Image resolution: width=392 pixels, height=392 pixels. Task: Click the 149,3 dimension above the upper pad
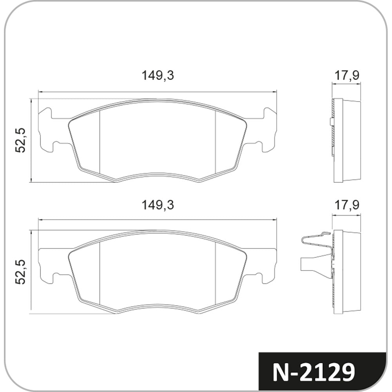(158, 75)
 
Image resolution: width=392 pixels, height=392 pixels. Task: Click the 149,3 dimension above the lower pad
(158, 205)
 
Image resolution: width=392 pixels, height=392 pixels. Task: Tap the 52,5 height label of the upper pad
(20, 140)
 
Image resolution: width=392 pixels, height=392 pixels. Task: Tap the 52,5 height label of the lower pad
(20, 272)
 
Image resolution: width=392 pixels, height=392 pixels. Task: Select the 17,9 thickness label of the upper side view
(347, 75)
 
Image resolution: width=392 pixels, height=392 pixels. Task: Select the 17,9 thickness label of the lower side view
(347, 205)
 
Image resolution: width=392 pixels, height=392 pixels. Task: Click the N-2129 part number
(314, 373)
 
